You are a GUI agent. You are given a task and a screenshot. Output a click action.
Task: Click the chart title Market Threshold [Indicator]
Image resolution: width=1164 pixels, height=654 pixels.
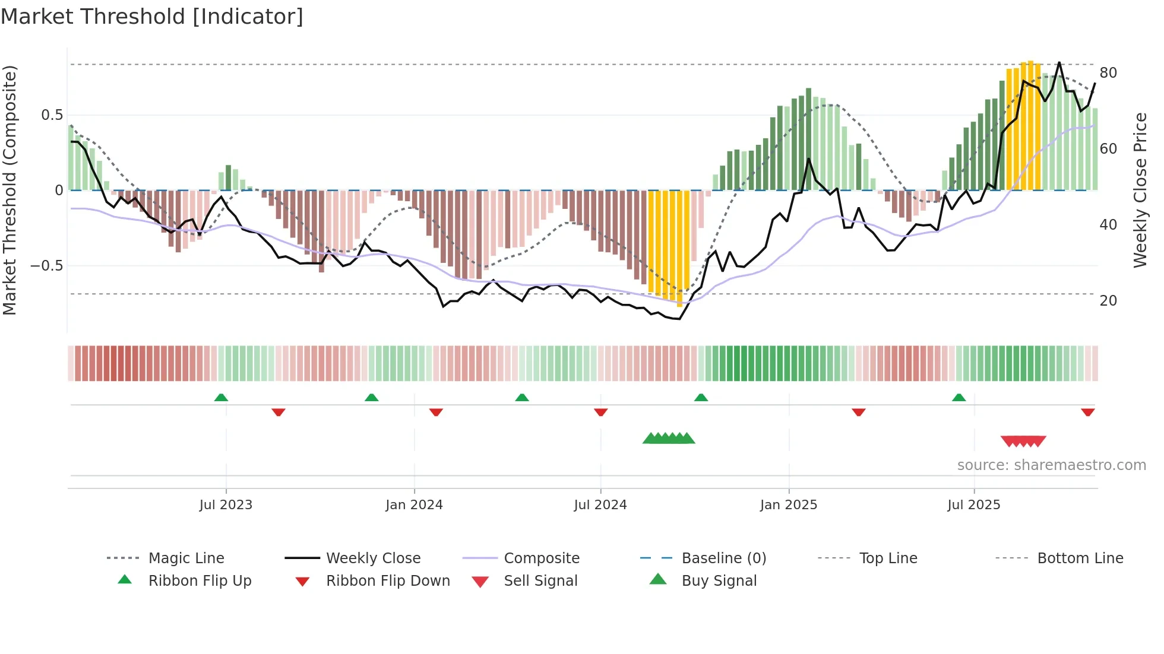(152, 17)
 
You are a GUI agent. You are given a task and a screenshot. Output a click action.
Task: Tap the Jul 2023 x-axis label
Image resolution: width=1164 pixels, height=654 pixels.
(226, 505)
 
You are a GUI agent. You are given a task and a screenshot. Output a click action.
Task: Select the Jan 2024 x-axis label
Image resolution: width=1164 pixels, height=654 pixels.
(414, 505)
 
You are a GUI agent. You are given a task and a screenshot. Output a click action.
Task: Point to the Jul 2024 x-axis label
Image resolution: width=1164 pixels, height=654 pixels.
(600, 505)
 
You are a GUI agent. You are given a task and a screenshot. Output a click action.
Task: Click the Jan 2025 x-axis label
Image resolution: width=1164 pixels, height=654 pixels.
(789, 505)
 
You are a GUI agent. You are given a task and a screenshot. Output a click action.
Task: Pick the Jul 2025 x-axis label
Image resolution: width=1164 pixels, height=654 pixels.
(974, 505)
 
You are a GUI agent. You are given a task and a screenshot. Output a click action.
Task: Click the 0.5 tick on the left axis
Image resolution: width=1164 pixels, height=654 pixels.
(52, 115)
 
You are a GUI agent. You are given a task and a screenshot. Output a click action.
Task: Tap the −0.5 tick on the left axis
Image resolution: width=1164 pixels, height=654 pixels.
(47, 266)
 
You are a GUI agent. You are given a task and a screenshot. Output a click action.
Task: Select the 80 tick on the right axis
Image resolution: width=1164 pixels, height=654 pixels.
(1108, 73)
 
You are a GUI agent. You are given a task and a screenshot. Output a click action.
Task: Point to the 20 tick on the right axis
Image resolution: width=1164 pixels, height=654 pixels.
(1108, 301)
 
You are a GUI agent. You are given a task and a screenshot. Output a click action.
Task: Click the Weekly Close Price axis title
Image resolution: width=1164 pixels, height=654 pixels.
(1140, 190)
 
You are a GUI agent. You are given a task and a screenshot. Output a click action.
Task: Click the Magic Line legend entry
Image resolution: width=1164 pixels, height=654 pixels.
(186, 558)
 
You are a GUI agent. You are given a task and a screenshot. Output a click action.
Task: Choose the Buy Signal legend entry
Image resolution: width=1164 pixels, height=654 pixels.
(719, 581)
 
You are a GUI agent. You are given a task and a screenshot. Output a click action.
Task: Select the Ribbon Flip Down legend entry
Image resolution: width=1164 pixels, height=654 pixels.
(388, 581)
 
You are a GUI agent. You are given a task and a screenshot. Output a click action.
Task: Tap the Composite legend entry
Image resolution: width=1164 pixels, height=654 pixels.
(542, 558)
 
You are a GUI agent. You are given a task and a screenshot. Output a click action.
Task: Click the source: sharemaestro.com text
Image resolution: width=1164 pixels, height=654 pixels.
(1051, 465)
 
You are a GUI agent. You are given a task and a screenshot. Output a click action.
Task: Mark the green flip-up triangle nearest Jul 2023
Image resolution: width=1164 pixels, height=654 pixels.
(221, 398)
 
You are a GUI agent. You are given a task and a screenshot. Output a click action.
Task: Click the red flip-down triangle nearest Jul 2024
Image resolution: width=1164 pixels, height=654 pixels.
(600, 412)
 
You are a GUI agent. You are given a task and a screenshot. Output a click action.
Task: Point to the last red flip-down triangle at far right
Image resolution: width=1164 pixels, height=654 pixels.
(1088, 412)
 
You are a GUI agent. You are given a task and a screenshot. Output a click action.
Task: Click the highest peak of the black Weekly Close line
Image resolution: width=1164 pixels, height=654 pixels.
(1059, 62)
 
